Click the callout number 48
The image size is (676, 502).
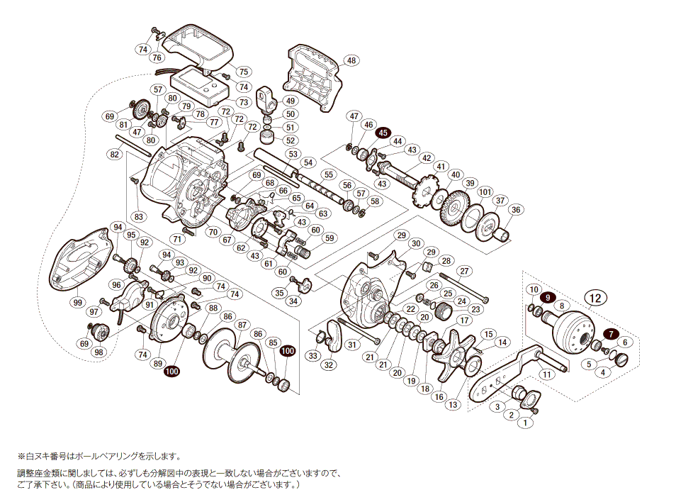pos(352,60)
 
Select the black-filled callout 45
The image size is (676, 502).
pos(383,133)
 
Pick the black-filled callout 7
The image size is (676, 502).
pos(610,333)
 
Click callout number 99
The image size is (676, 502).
pos(77,302)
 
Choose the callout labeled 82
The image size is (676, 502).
pos(114,154)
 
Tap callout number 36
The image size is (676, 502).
pos(516,209)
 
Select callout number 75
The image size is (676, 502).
pos(243,72)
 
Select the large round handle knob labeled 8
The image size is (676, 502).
pos(575,328)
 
